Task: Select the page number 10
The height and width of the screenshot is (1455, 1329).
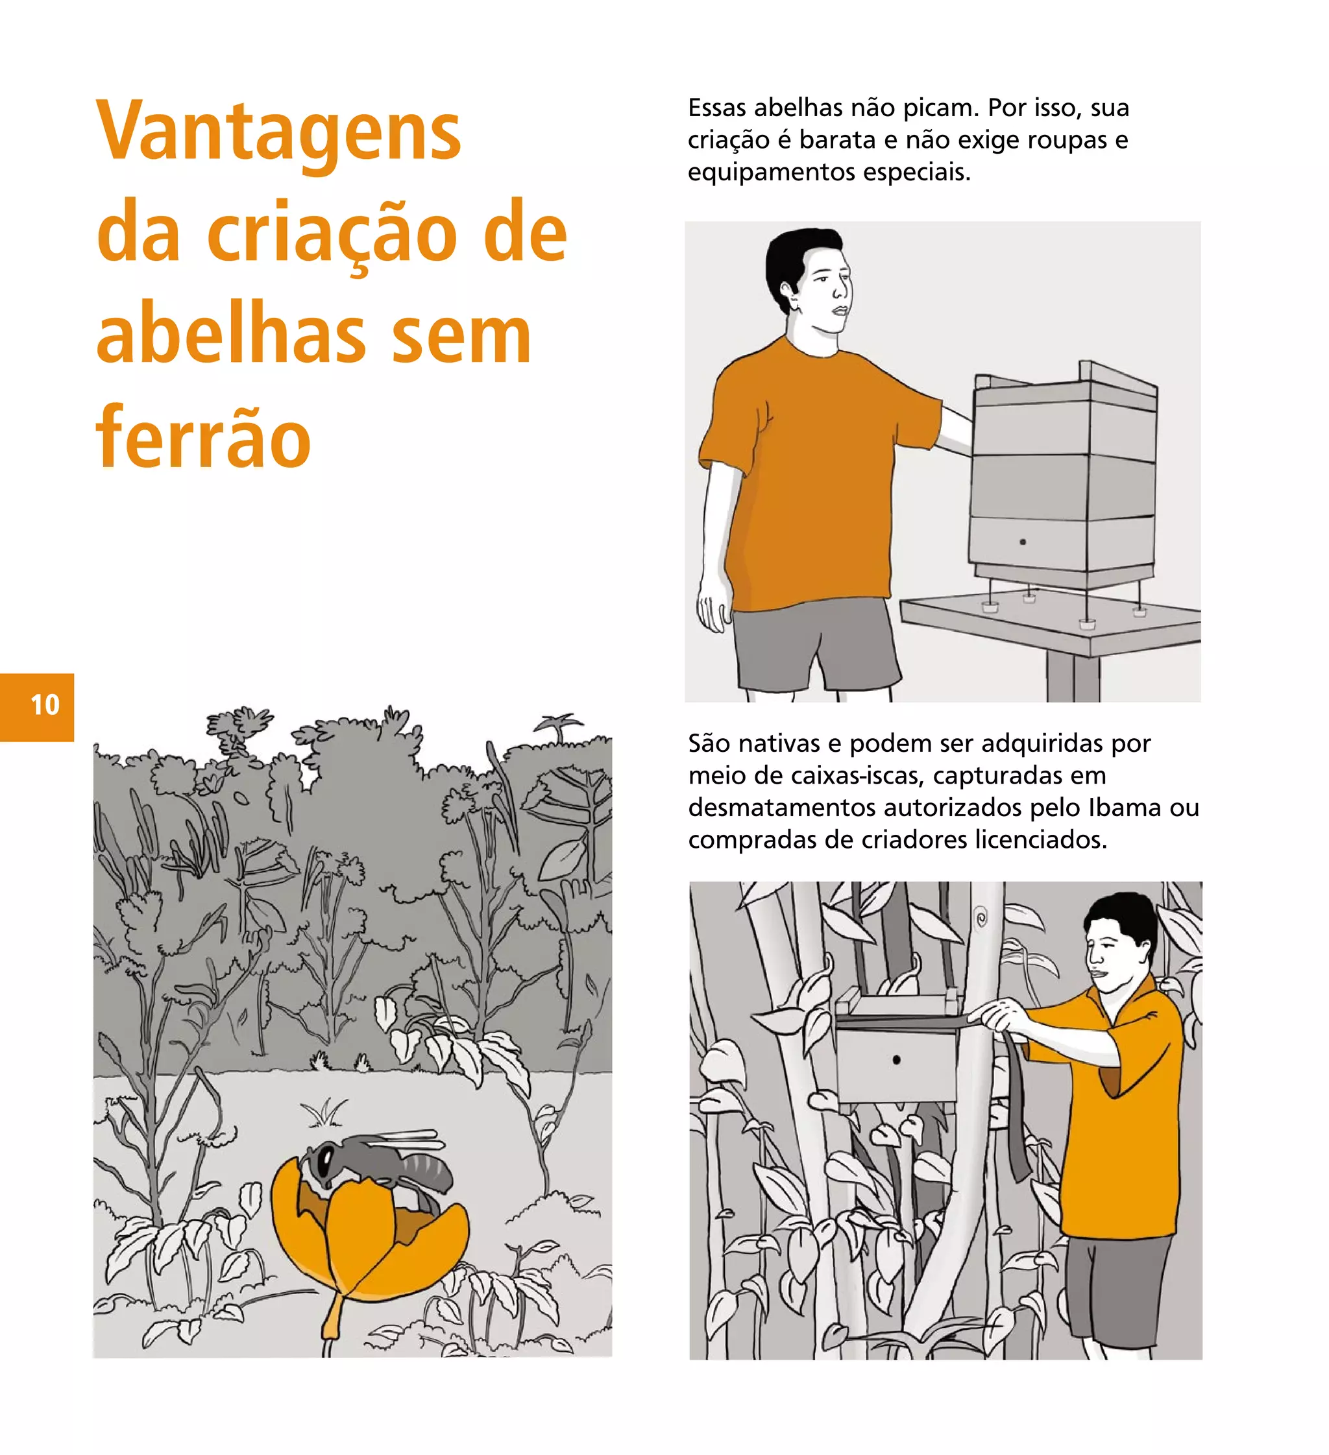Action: click(x=45, y=705)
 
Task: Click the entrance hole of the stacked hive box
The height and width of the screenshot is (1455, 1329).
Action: click(x=1022, y=541)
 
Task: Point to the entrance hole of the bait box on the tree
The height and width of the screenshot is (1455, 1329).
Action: click(x=896, y=1059)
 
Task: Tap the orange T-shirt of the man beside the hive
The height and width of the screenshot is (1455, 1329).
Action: click(x=809, y=469)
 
